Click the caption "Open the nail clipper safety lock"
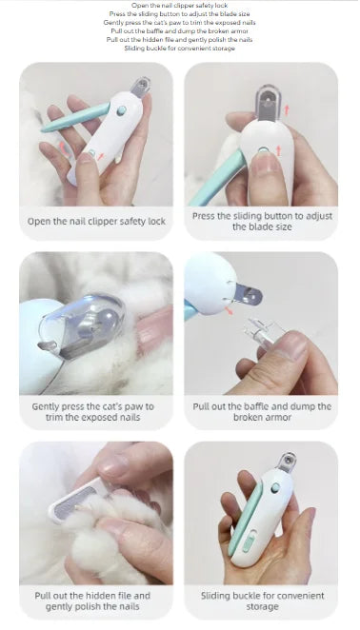point(96,222)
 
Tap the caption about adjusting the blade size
point(262,222)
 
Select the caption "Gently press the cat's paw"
point(96,411)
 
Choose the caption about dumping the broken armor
point(262,411)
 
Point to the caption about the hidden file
point(96,601)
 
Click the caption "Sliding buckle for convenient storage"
point(262,601)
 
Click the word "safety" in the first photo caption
point(128,222)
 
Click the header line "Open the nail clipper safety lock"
point(180,6)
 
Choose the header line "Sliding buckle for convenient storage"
point(180,49)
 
